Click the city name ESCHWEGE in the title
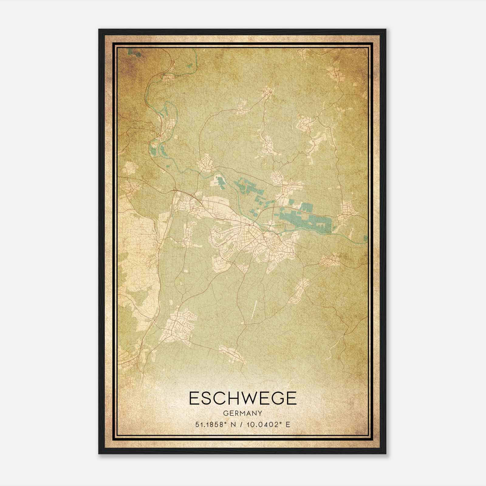pyautogui.click(x=242, y=398)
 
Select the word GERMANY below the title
pyautogui.click(x=242, y=413)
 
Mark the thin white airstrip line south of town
pyautogui.click(x=254, y=309)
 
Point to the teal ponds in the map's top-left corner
pyautogui.click(x=134, y=53)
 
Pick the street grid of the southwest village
pyautogui.click(x=179, y=327)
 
